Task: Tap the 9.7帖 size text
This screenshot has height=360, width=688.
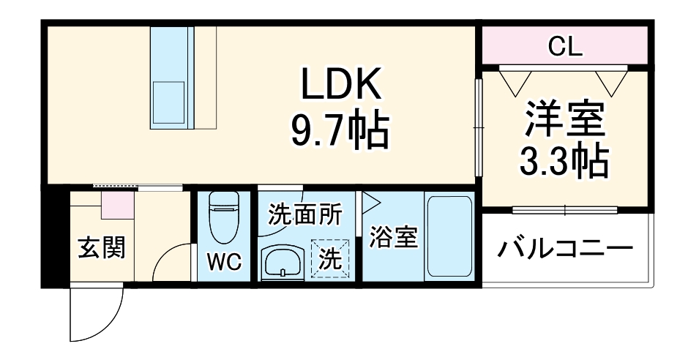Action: click(338, 132)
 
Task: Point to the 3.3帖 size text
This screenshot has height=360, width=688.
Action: click(564, 162)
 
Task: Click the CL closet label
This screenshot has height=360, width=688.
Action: click(564, 47)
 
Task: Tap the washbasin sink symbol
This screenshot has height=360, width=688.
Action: click(283, 261)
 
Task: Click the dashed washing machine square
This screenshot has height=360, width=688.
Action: click(332, 258)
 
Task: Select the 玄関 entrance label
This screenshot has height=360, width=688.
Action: click(101, 248)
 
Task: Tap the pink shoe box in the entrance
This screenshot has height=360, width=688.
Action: click(116, 203)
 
